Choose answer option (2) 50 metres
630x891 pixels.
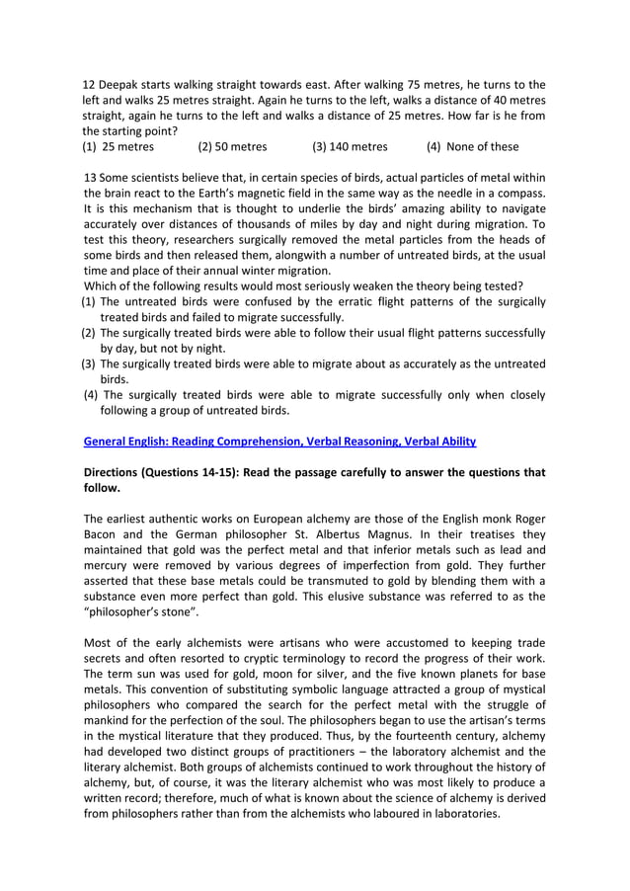click(232, 147)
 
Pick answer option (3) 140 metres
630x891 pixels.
click(350, 147)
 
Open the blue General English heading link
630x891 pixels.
click(279, 441)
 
